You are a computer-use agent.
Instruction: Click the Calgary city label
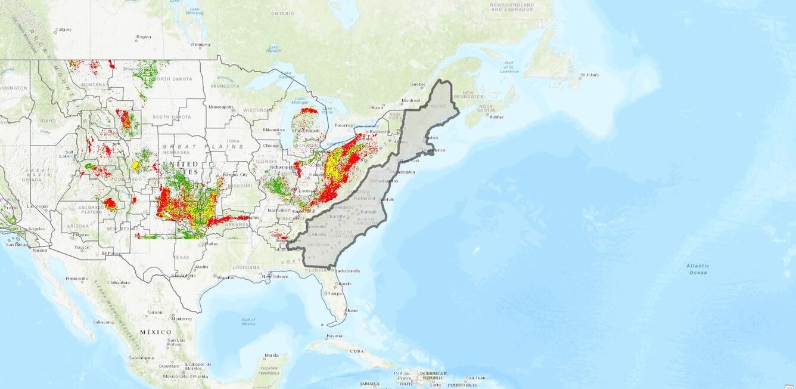pyautogui.click(x=63, y=29)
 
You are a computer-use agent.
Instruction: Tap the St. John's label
pyautogui.click(x=589, y=75)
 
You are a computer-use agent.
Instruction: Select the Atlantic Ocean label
pyautogui.click(x=697, y=269)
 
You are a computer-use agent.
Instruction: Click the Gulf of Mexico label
pyautogui.click(x=248, y=322)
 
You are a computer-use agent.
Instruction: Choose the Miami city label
pyautogui.click(x=352, y=310)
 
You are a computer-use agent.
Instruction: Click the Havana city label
pyautogui.click(x=334, y=335)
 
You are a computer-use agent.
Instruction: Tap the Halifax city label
pyautogui.click(x=496, y=117)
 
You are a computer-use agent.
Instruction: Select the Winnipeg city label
pyautogui.click(x=200, y=44)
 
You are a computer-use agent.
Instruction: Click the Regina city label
pyautogui.click(x=144, y=37)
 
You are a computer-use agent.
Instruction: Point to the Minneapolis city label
pyautogui.click(x=221, y=107)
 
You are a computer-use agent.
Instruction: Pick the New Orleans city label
pyautogui.click(x=276, y=276)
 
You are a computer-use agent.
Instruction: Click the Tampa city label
pyautogui.click(x=334, y=293)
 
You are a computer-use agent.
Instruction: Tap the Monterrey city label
pyautogui.click(x=182, y=319)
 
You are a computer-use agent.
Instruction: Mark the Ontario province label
pyautogui.click(x=282, y=13)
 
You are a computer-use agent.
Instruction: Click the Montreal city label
pyautogui.click(x=411, y=100)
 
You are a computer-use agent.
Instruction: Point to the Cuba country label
pyautogui.click(x=356, y=351)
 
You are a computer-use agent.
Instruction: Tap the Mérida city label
pyautogui.click(x=272, y=355)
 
